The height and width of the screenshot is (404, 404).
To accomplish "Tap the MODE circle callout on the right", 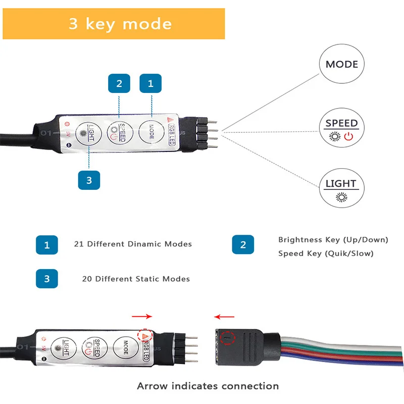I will point(341,64).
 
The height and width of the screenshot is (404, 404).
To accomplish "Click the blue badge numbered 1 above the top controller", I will point(150,84).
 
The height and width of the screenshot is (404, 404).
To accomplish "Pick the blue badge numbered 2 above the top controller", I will point(119,84).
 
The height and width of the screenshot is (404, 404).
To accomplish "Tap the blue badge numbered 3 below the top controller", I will point(89,179).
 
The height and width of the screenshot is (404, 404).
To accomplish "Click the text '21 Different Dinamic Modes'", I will point(133,244).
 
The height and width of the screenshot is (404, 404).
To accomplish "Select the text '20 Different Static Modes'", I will point(136,279).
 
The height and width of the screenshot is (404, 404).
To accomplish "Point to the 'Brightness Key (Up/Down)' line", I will point(333,239).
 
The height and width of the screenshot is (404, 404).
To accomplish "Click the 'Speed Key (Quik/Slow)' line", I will point(326,254).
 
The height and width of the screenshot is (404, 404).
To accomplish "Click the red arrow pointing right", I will point(141,317).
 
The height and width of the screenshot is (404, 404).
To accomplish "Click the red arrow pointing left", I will point(224,317).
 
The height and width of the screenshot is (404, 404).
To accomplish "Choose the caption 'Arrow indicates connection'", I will point(208,386).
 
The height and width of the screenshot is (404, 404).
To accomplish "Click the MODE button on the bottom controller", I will point(126,346).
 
